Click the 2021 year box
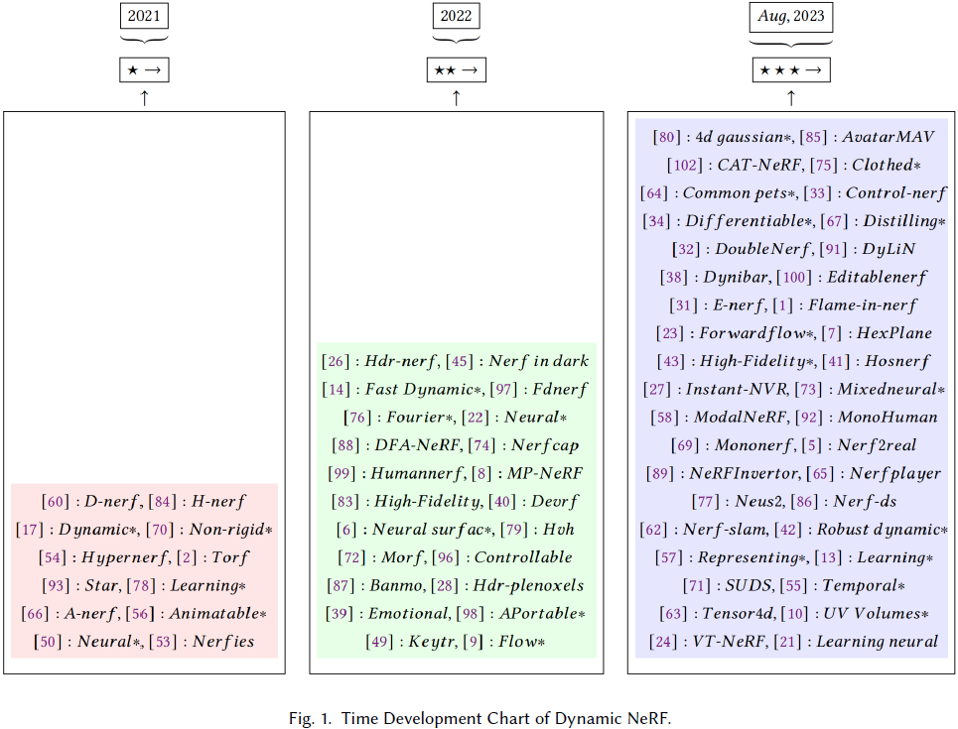coord(144,16)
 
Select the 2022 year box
coord(456,16)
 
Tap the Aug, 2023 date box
coord(790,16)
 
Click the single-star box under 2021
coord(144,70)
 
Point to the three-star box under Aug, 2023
coord(790,70)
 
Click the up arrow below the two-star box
coord(456,97)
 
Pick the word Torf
coord(230,557)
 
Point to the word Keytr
coord(434,642)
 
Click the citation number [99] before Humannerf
coord(342,473)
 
